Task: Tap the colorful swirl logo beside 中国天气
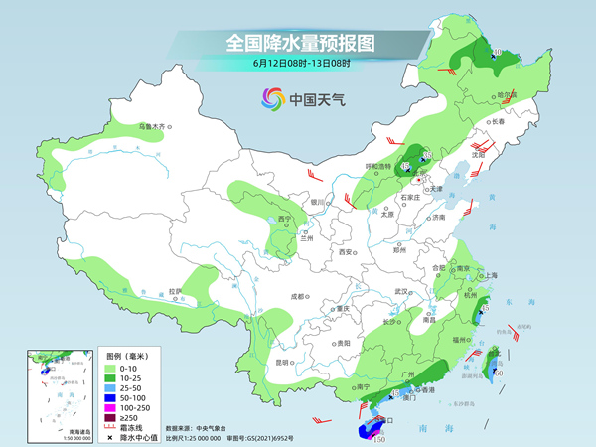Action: [271, 99]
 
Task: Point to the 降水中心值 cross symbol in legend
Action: [113, 439]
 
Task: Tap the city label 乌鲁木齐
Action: [154, 127]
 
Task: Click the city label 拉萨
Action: [175, 291]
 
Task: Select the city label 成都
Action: [298, 296]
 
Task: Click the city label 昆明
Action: [283, 363]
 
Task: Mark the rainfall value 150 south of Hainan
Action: [378, 438]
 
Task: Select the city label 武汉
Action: [402, 291]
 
